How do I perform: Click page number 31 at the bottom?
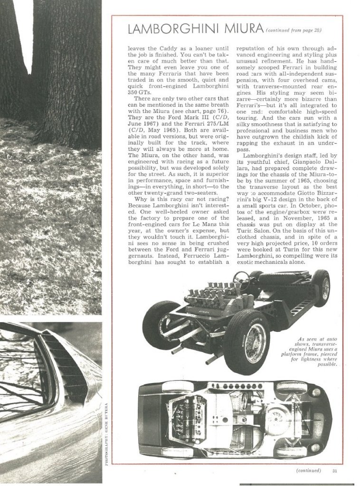(x=334, y=471)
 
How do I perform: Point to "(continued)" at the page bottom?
(x=309, y=471)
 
